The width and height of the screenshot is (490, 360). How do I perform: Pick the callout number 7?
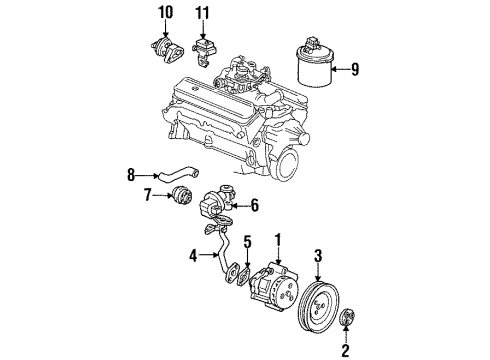click(x=149, y=193)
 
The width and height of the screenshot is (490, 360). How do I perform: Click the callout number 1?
click(x=280, y=240)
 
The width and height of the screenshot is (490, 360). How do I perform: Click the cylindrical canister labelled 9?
click(x=313, y=70)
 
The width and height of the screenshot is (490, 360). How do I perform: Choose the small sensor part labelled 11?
click(x=205, y=47)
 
